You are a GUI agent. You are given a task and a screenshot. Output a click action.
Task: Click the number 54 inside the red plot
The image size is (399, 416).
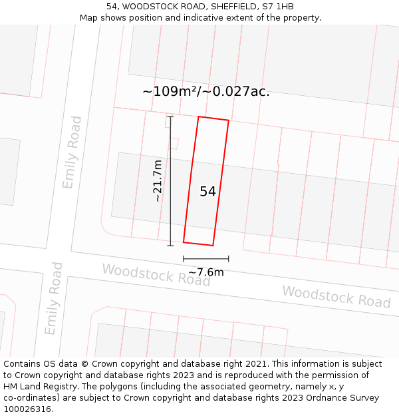coord(207,192)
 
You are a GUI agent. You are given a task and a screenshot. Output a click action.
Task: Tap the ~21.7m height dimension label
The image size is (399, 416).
coord(157,181)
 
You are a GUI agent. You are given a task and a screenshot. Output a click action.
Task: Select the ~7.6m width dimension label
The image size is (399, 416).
coord(206,272)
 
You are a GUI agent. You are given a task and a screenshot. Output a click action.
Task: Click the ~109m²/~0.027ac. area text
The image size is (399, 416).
coord(206,92)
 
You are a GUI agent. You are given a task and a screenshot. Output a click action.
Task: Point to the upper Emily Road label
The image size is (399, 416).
coord(72,152)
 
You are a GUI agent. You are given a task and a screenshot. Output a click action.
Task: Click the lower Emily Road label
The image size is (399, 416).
coord(54,298)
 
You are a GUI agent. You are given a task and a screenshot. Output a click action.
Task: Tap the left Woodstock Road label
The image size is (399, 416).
coord(156,275)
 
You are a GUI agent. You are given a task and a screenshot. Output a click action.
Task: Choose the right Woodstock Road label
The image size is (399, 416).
coord(336,297)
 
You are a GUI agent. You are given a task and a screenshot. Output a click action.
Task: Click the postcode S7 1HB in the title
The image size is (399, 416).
coord(276,7)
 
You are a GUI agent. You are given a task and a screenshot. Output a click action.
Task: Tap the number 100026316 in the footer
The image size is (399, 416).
coord(28,409)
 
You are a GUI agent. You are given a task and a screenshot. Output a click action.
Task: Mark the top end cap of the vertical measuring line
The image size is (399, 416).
coord(170,117)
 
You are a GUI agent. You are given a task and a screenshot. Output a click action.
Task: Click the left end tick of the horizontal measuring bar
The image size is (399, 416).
coord(184,259)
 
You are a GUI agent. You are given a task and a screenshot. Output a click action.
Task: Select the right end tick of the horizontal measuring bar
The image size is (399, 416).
coord(229,259)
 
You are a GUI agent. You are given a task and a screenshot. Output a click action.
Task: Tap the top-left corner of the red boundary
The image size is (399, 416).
coord(198,116)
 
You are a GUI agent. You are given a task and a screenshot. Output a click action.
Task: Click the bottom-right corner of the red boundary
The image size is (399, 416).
coord(213,246)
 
